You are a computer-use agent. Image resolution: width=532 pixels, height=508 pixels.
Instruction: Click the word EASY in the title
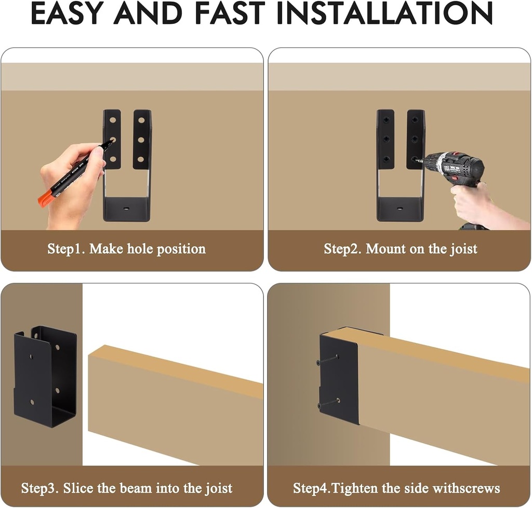point(68,14)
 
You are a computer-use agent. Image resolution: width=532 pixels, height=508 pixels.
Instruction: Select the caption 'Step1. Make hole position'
point(127,249)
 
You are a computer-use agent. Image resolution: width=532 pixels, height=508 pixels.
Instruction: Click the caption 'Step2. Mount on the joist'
point(401,249)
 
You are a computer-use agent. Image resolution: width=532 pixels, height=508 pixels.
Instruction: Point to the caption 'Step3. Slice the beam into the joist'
point(127,488)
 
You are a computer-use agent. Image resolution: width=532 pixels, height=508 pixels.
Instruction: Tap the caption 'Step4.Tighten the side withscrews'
point(396,488)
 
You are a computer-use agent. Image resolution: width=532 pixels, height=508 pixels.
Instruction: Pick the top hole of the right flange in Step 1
point(141,120)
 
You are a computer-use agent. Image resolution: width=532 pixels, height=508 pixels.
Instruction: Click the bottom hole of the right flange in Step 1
point(141,159)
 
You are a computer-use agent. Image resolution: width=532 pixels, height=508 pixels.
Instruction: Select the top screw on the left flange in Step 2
point(385,120)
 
